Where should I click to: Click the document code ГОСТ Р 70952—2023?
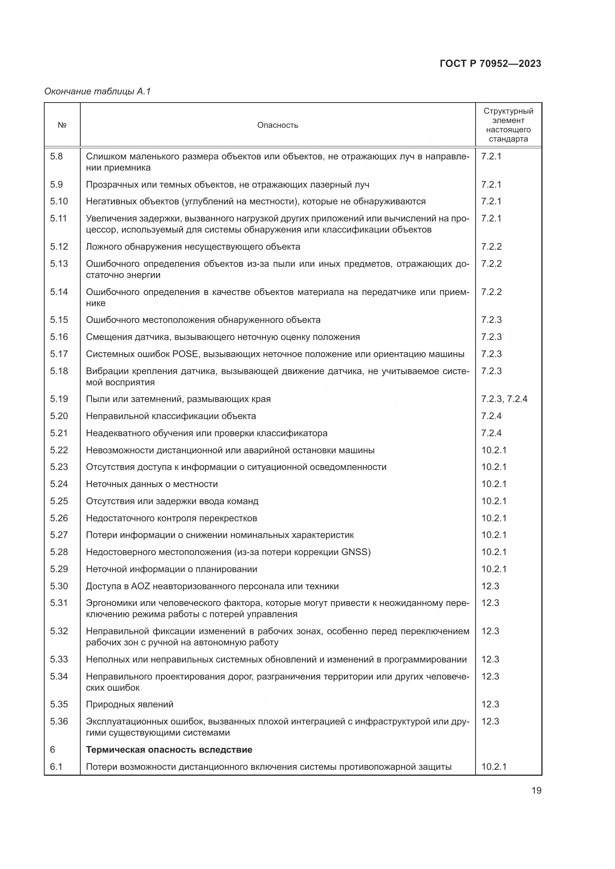(x=490, y=64)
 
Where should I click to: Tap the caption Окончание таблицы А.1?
(x=98, y=91)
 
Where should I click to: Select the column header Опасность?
(x=278, y=125)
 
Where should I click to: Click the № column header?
(x=62, y=125)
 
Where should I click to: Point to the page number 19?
(x=536, y=790)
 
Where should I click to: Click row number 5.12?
(x=59, y=247)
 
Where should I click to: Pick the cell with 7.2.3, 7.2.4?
(x=504, y=399)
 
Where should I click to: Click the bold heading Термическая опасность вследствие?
(x=169, y=750)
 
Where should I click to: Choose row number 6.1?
(x=56, y=767)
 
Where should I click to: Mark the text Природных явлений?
(x=129, y=704)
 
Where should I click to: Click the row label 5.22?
(x=59, y=450)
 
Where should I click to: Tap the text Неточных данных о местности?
(x=152, y=484)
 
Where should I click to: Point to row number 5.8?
(x=56, y=156)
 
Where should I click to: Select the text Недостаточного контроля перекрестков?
(x=171, y=518)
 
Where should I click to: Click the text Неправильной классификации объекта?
(x=171, y=416)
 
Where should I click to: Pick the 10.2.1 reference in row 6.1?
(x=494, y=767)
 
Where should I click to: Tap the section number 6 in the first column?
(x=52, y=750)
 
